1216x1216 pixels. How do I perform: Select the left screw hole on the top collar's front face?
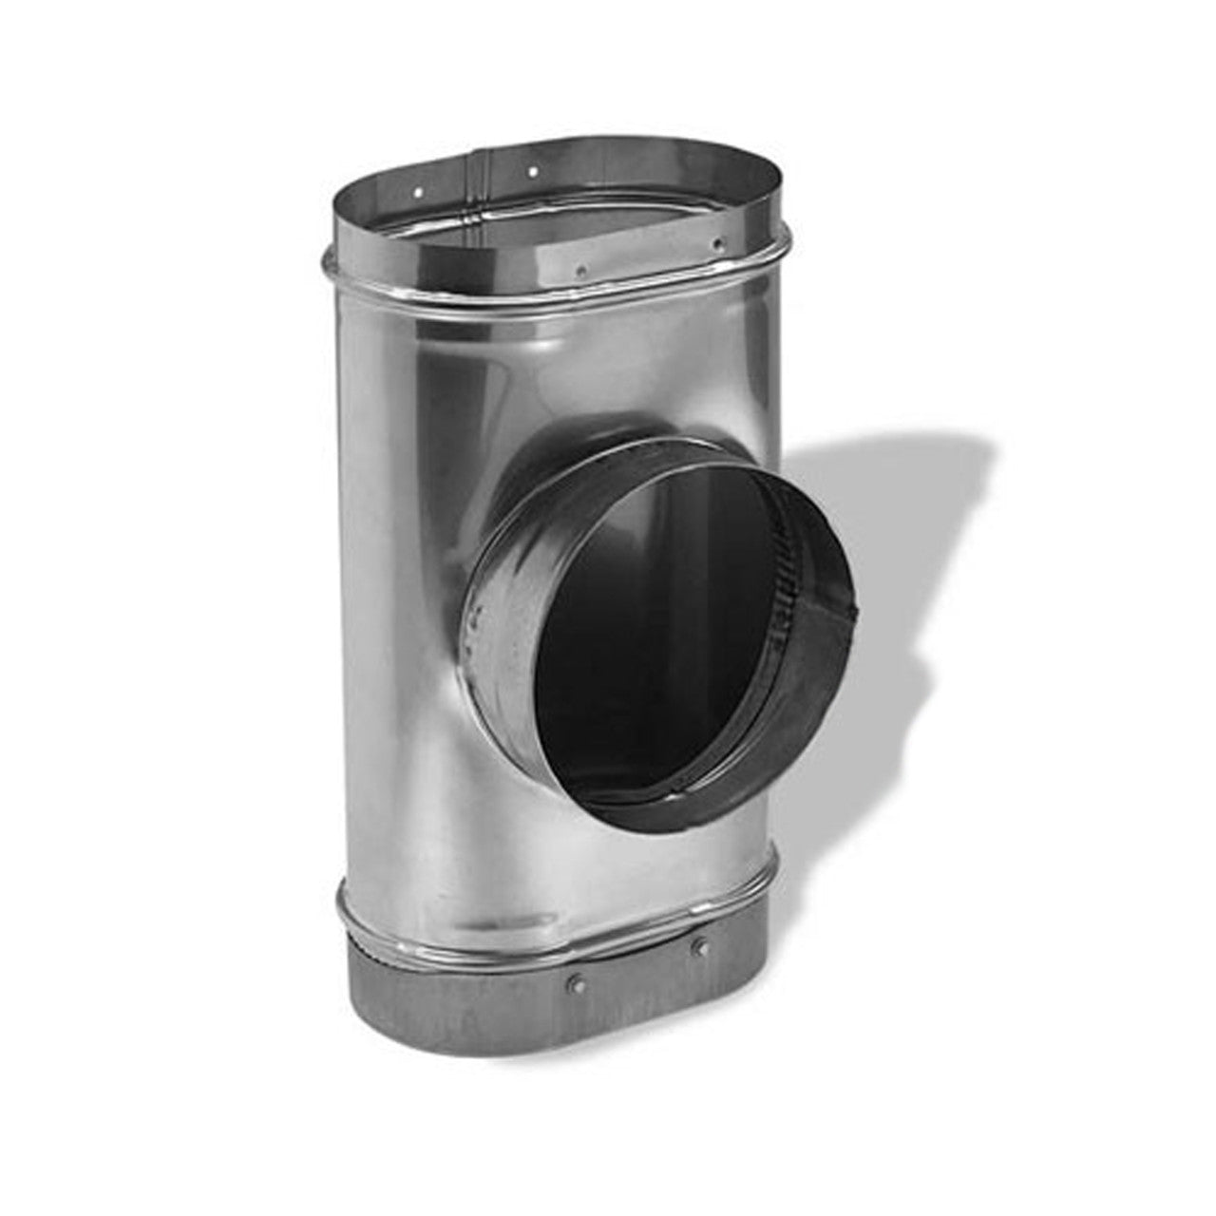(x=581, y=269)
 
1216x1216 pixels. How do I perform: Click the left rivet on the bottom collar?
(x=575, y=977)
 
